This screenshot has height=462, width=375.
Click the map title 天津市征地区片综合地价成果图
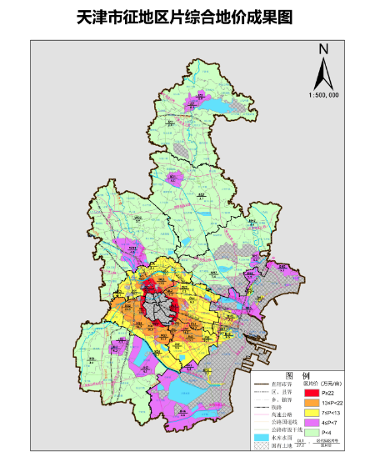click(x=187, y=17)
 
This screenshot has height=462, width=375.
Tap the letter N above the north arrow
click(x=323, y=49)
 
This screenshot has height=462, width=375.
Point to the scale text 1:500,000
click(x=323, y=95)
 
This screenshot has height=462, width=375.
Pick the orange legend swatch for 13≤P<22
click(x=312, y=402)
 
